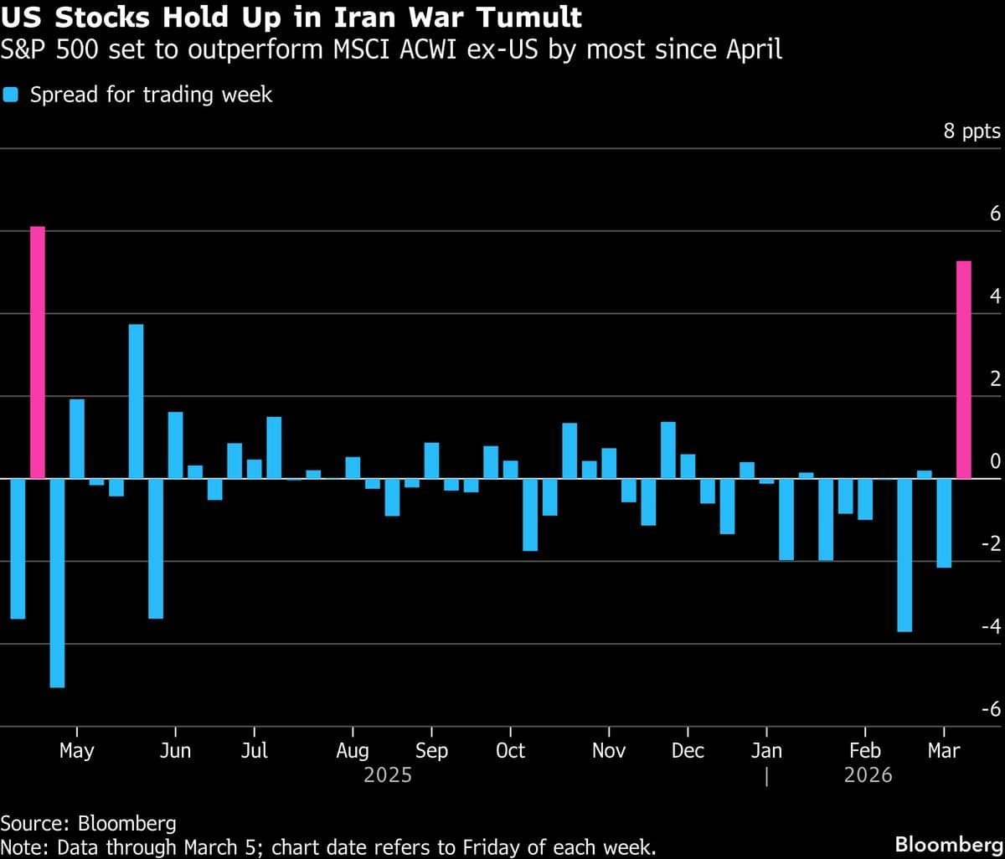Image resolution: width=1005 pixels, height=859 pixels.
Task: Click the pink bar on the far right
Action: pos(963,370)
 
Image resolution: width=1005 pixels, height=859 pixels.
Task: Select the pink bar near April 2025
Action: pos(37,352)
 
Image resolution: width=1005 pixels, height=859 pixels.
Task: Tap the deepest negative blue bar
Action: pos(57,583)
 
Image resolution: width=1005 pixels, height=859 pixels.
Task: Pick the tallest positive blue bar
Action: pos(136,401)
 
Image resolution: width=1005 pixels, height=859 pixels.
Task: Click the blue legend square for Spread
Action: pos(11,95)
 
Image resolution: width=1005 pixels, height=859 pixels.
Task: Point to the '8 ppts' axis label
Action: pos(971,131)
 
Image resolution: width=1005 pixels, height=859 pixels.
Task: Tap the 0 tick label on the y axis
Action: pos(995,461)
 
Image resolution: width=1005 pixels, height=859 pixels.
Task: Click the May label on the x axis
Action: pos(76,750)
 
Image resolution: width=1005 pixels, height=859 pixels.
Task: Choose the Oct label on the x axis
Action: pos(510,750)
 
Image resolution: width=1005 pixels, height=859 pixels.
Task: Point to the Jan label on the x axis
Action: pos(766,750)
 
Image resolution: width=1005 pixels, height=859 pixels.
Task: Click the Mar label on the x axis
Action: pos(944,750)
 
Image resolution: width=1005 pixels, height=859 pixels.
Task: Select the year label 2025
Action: pos(388,775)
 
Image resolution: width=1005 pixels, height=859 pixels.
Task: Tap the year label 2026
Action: pos(868,775)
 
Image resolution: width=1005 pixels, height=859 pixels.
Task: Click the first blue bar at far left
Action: pos(17,548)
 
